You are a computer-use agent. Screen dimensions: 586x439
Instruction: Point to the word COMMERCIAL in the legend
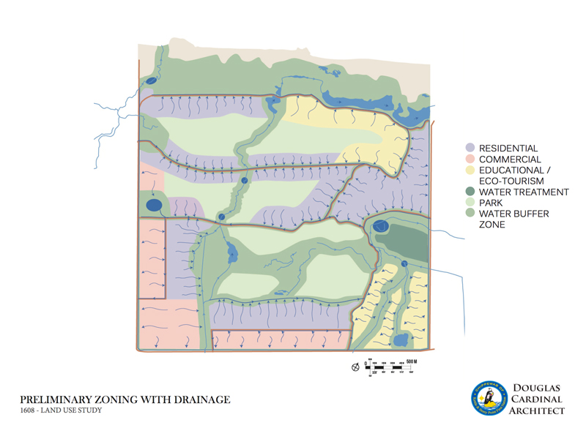coord(510,160)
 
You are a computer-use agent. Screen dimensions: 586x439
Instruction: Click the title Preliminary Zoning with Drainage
coord(125,399)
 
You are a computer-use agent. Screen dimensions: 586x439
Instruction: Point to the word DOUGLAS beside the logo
coord(537,389)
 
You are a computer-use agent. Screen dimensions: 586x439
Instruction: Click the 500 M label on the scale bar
coord(411,361)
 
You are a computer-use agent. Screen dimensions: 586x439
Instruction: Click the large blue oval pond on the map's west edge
coord(155,206)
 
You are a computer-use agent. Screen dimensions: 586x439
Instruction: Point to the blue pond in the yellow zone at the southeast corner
coord(401,340)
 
